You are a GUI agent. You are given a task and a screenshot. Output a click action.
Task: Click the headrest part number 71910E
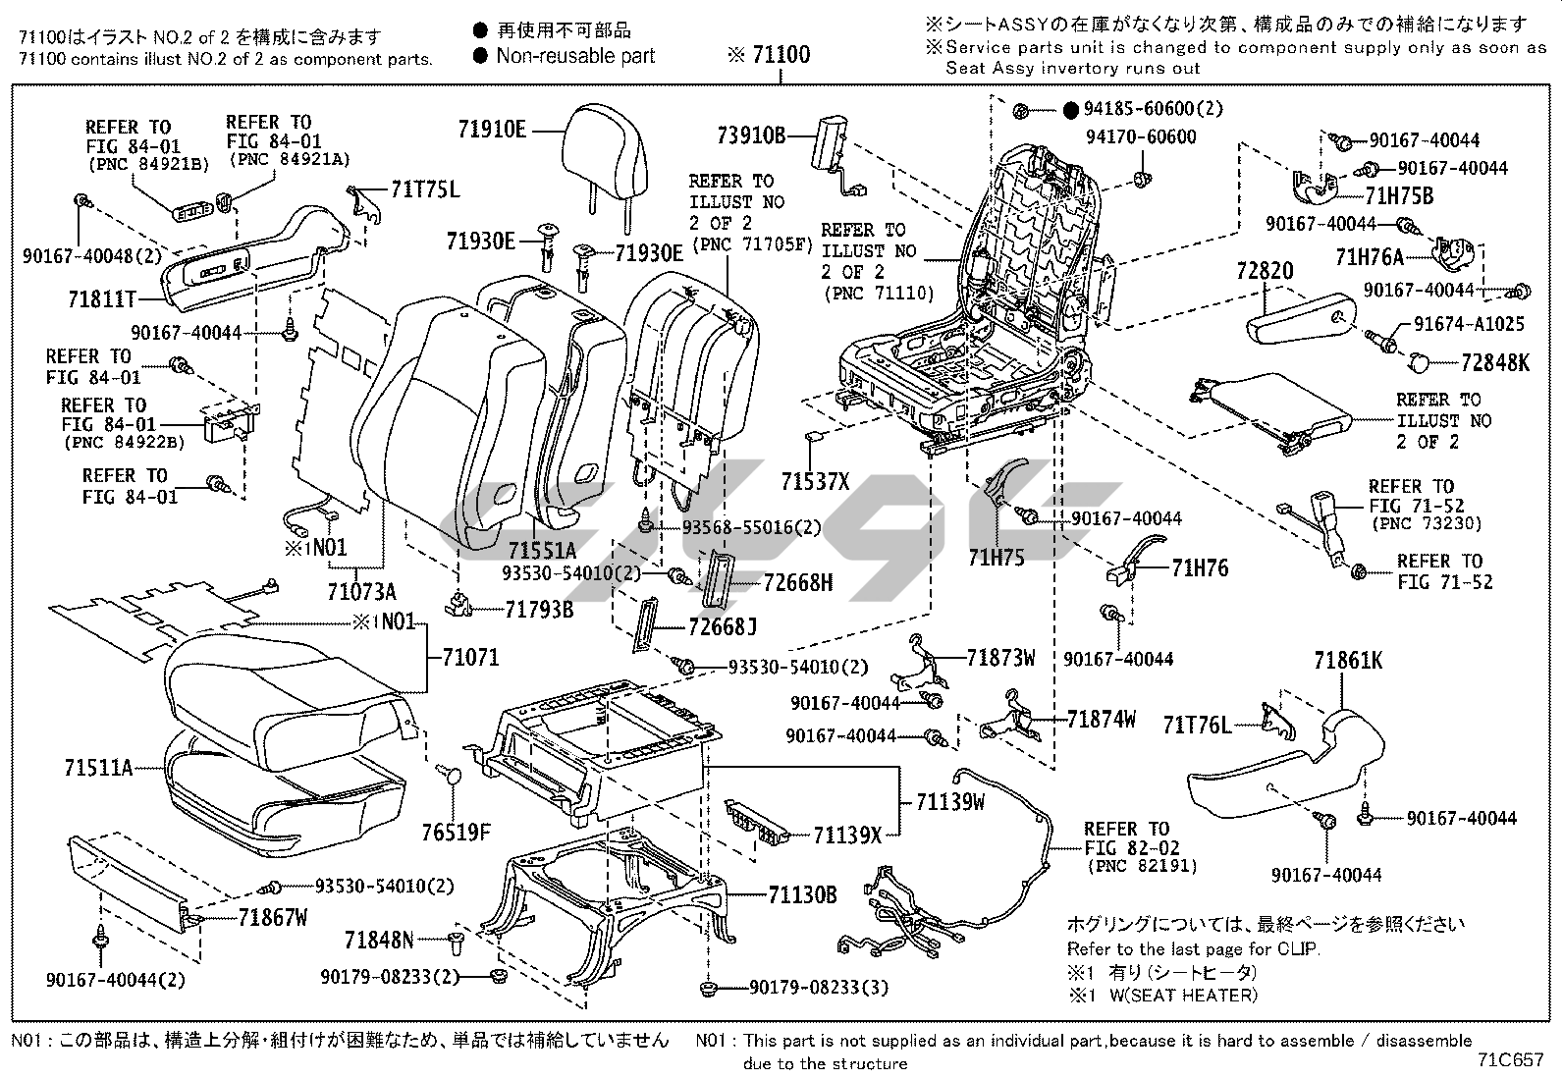pyautogui.click(x=491, y=129)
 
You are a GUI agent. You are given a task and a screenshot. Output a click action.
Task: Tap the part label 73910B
pyautogui.click(x=750, y=135)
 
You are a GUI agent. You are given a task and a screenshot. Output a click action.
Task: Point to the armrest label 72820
pyautogui.click(x=1265, y=271)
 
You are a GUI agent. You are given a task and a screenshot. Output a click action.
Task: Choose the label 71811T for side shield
pyautogui.click(x=102, y=298)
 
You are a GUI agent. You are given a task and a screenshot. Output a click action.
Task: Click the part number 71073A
pyautogui.click(x=361, y=591)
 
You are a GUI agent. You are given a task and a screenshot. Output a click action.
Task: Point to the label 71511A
pyautogui.click(x=99, y=768)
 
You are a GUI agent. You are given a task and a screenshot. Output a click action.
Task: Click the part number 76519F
pyautogui.click(x=457, y=834)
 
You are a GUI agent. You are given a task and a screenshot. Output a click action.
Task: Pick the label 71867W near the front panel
pyautogui.click(x=273, y=918)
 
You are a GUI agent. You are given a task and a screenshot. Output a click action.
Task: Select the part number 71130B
pyautogui.click(x=802, y=894)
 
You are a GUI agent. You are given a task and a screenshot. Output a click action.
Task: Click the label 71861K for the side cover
pyautogui.click(x=1348, y=662)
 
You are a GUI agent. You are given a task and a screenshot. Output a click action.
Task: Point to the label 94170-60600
pyautogui.click(x=1141, y=136)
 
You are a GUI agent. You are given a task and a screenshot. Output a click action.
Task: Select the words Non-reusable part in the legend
pyautogui.click(x=575, y=56)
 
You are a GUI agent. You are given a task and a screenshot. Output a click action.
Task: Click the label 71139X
pyautogui.click(x=847, y=836)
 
